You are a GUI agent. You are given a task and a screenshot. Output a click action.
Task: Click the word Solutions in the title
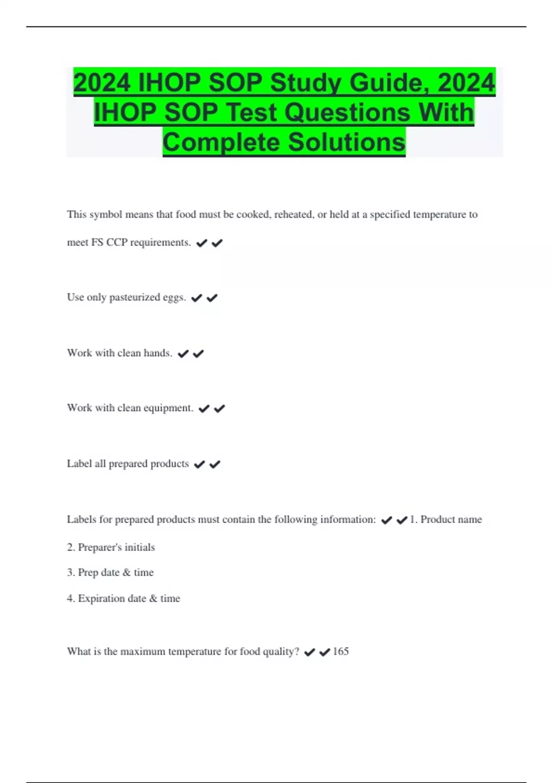click(x=347, y=142)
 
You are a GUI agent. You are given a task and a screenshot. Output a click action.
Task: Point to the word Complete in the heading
click(x=221, y=142)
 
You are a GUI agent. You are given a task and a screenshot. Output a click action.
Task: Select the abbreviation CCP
click(x=117, y=243)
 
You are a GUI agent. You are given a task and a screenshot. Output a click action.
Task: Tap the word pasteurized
click(x=135, y=298)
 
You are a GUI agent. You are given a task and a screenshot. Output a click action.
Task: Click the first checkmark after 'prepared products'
click(x=199, y=464)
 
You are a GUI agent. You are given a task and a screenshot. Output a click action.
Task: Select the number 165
click(x=341, y=651)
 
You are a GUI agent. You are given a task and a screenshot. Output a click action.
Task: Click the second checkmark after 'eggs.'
click(x=212, y=298)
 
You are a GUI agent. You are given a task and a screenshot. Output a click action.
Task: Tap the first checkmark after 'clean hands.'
click(x=183, y=354)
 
